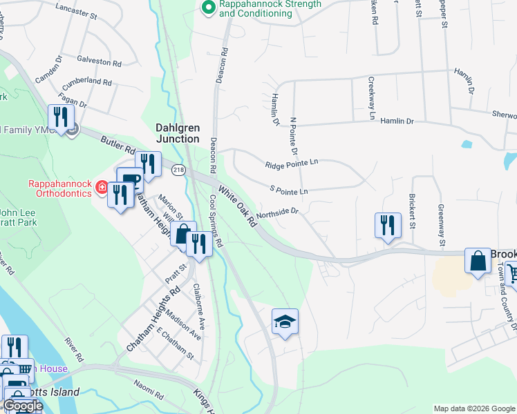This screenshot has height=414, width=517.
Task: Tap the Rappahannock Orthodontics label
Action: coord(59,188)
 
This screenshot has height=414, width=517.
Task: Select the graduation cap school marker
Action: coord(285,322)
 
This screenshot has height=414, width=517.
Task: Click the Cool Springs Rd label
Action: coord(216,221)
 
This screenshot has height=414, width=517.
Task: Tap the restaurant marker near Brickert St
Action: coord(387,225)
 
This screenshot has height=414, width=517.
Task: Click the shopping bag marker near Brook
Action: coord(478,262)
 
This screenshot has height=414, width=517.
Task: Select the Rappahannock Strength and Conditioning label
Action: coord(270,8)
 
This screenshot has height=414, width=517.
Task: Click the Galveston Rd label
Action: coord(100,61)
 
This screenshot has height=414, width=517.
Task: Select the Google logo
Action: coord(23,406)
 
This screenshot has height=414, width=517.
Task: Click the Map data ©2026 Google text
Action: coord(473,408)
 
